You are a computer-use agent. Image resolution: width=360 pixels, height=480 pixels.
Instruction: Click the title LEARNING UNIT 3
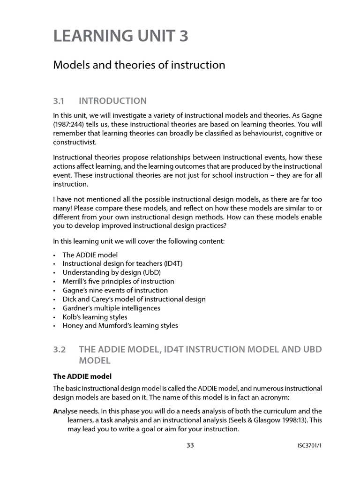121,36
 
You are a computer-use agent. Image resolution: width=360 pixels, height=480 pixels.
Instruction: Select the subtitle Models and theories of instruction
139,65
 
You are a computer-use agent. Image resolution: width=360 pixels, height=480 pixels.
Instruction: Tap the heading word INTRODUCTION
112,101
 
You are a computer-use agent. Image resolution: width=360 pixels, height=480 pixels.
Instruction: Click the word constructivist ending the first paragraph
75,142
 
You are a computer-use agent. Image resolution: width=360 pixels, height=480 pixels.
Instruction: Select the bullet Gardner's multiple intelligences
111,308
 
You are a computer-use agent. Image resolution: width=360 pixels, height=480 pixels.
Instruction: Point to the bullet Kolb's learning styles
95,317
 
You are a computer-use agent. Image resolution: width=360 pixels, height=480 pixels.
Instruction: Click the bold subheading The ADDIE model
82,376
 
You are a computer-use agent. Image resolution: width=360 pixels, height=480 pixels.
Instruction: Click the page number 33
190,446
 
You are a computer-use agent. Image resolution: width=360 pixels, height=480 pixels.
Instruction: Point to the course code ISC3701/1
306,446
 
